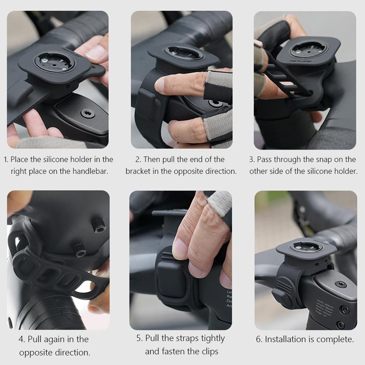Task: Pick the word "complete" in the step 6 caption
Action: [x=335, y=339]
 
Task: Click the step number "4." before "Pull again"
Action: [x=22, y=339]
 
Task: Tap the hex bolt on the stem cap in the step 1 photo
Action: [x=88, y=113]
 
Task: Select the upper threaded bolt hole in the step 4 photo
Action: [x=98, y=226]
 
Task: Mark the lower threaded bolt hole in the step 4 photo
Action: [x=79, y=250]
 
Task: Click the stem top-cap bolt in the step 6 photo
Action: [x=341, y=284]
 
